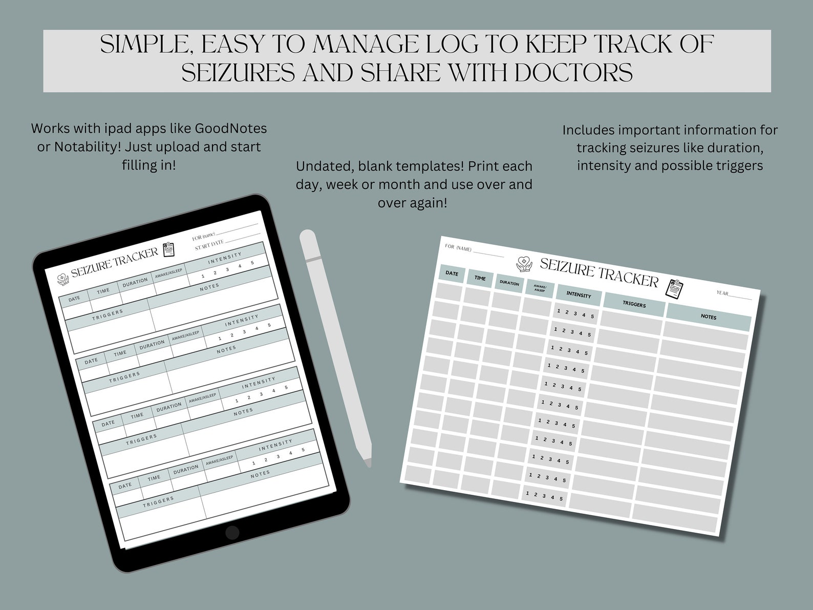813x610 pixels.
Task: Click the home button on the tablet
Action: click(232, 533)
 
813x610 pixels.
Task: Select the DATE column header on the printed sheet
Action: click(452, 274)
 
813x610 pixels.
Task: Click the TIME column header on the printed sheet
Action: click(480, 279)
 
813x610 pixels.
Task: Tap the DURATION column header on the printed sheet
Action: click(509, 283)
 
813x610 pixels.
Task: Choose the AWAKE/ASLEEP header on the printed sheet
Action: click(540, 288)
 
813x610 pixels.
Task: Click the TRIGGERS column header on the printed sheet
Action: click(634, 304)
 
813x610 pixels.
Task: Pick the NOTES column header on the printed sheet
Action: click(709, 317)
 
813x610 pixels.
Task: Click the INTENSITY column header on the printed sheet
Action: click(579, 295)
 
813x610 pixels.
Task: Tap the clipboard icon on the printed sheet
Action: click(674, 289)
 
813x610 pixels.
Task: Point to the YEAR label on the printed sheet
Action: click(722, 293)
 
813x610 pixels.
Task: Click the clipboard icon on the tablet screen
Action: click(168, 249)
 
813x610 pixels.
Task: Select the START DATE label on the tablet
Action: click(209, 245)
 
